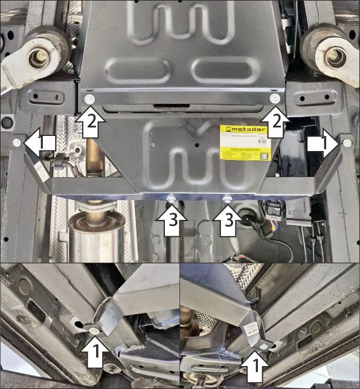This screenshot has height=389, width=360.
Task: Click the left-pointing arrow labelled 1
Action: click(41, 143)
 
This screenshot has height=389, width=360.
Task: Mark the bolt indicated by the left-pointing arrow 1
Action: click(16, 143)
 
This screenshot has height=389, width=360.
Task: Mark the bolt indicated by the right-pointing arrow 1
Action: click(347, 143)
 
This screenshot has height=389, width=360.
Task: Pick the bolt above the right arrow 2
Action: click(275, 99)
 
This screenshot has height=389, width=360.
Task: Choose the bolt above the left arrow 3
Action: click(171, 197)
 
